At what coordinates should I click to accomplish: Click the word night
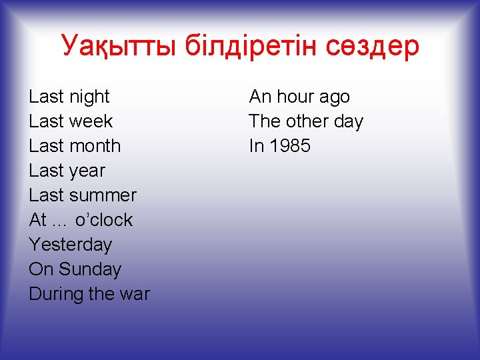pyautogui.click(x=89, y=97)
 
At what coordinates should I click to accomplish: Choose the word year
pyautogui.click(x=87, y=171)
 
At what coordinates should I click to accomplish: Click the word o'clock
pyautogui.click(x=104, y=220)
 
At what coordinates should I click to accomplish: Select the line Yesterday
pyautogui.click(x=70, y=245)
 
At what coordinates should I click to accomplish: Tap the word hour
pyautogui.click(x=295, y=97)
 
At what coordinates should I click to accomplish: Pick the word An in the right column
pyautogui.click(x=260, y=97)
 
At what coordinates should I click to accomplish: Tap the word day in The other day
pyautogui.click(x=349, y=122)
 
